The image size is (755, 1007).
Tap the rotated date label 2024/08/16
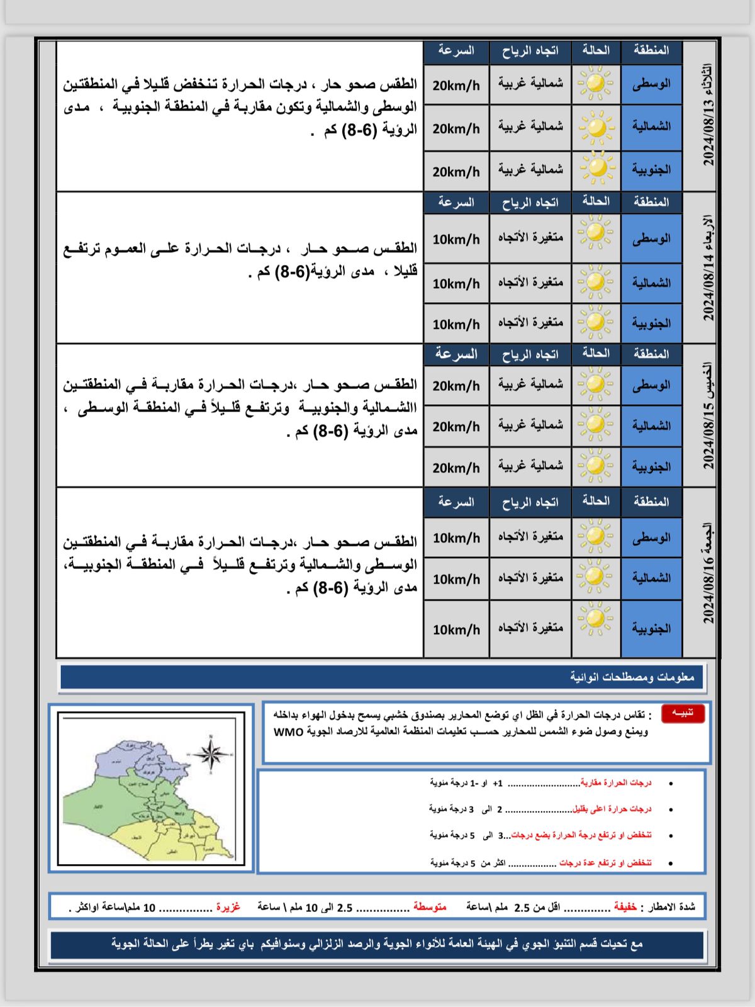(708, 573)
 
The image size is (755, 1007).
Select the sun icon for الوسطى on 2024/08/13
(596, 84)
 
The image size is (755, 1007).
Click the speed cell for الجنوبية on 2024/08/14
(456, 324)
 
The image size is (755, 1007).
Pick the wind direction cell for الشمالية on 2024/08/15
(530, 425)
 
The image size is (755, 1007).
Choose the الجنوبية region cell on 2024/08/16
(651, 628)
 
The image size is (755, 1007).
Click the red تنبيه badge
(683, 712)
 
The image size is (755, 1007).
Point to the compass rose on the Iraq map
(211, 753)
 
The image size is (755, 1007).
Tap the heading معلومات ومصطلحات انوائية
(632, 677)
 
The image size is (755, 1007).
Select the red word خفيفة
(625, 907)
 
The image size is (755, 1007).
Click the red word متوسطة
(430, 907)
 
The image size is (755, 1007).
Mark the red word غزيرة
(228, 907)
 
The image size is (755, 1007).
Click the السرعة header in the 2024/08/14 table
(456, 202)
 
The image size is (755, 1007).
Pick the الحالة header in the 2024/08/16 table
(596, 501)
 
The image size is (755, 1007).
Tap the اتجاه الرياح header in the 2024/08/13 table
(530, 51)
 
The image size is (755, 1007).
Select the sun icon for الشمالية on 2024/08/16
(596, 578)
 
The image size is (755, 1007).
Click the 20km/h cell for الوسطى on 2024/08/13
(456, 84)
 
